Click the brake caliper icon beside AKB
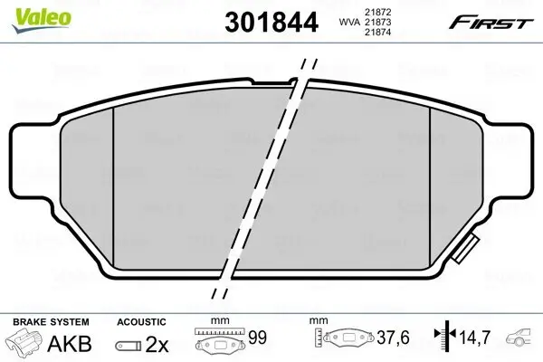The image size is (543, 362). tap(24, 343)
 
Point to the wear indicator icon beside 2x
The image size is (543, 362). tap(129, 344)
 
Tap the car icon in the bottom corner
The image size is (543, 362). tap(522, 342)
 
